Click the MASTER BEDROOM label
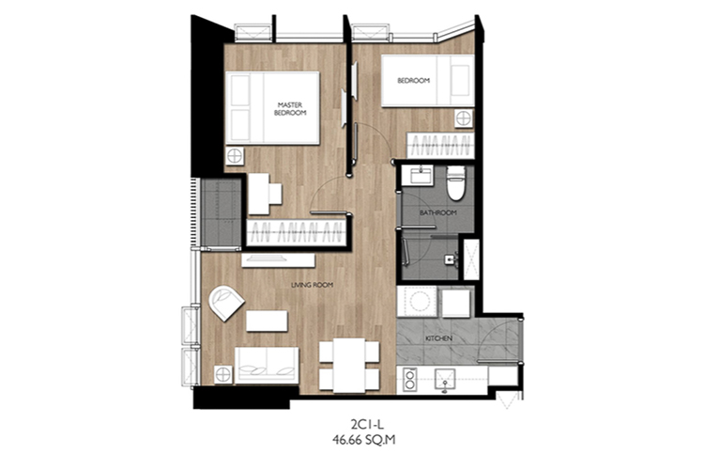tap(290, 109)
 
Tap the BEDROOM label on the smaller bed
tap(414, 81)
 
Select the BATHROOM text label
tap(438, 212)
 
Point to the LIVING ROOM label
tap(312, 285)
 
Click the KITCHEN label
tap(439, 338)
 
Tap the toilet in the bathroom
tap(455, 183)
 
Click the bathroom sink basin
tap(421, 176)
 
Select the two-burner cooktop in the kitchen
tap(409, 380)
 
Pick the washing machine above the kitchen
tap(417, 302)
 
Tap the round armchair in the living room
tap(226, 303)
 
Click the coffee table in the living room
tap(267, 321)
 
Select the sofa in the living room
tap(267, 366)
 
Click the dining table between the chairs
tap(349, 365)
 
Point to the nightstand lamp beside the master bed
tap(234, 157)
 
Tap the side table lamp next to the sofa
tap(223, 375)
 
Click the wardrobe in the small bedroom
tap(440, 146)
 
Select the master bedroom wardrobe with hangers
tap(297, 232)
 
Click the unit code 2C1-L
tap(364, 424)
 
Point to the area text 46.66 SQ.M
tap(364, 439)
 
